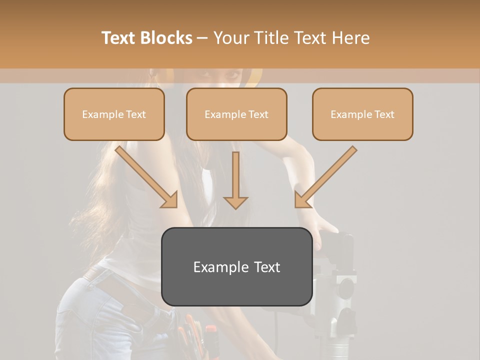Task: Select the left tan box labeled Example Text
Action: [114, 114]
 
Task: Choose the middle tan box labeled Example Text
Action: [236, 114]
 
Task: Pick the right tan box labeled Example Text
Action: [362, 114]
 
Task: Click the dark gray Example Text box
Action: [236, 266]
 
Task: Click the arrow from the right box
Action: [325, 177]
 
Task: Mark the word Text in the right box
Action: [384, 114]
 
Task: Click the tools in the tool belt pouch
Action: [195, 335]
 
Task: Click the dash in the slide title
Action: [202, 38]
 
